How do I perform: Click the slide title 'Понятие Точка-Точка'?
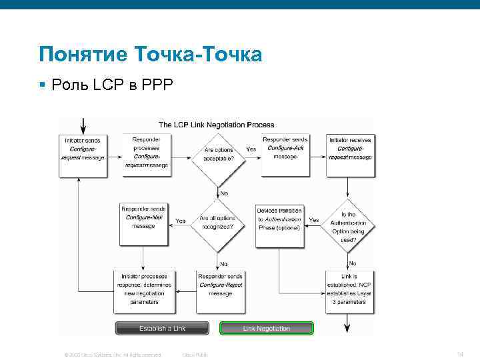pos(150,54)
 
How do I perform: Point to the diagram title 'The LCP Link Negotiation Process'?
pos(216,125)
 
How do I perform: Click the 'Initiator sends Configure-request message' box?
pos(83,154)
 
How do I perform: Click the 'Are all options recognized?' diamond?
pos(216,223)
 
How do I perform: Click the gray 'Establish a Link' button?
pos(162,329)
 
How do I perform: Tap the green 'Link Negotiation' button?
pos(266,329)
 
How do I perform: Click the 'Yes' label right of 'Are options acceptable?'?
pos(251,149)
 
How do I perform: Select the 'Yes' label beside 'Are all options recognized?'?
pos(180,221)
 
